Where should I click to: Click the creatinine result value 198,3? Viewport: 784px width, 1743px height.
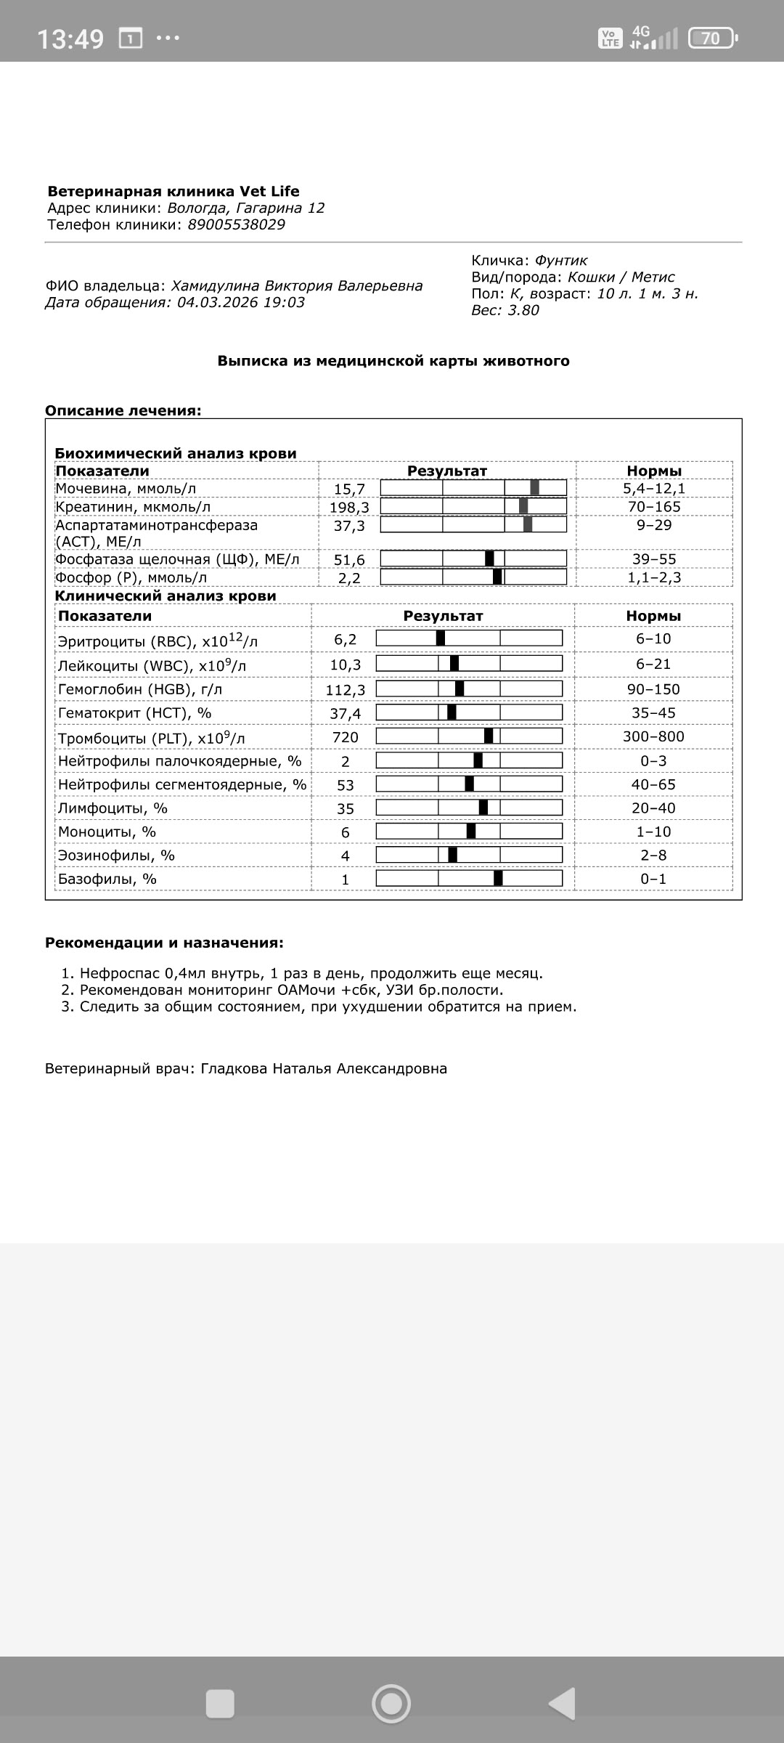tap(349, 507)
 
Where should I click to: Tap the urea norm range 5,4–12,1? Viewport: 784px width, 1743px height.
tap(653, 489)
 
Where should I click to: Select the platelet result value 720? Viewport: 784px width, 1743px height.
tap(346, 737)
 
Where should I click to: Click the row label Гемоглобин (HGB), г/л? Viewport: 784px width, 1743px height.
tap(140, 689)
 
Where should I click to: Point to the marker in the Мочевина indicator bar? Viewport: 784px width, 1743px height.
tap(534, 488)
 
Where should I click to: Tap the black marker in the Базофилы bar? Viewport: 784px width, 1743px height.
tap(498, 878)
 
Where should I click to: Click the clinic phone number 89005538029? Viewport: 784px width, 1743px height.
tap(236, 224)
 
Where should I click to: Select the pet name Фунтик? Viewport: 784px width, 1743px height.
tap(561, 260)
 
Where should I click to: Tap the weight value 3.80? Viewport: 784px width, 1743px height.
tap(523, 310)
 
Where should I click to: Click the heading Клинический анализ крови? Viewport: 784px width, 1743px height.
tap(166, 596)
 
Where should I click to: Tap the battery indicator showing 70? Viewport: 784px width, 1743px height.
tap(711, 38)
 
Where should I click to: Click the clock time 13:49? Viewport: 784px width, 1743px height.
tap(70, 38)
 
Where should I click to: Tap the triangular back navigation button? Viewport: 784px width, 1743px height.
tap(562, 1702)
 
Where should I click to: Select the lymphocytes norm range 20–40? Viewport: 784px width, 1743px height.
tap(653, 808)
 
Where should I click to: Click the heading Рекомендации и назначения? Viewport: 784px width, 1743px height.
tap(164, 943)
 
